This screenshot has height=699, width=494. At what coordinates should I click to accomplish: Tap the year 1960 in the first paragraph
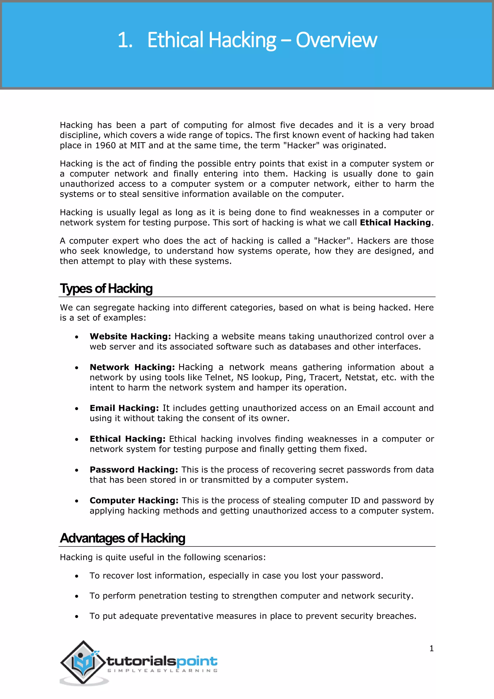(x=105, y=146)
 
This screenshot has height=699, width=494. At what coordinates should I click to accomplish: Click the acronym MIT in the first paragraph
(x=137, y=146)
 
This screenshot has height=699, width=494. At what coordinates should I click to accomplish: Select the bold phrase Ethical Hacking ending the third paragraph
(x=395, y=223)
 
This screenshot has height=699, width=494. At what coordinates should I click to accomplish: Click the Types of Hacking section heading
(x=106, y=289)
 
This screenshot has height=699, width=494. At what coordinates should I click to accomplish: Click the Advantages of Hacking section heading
(x=122, y=538)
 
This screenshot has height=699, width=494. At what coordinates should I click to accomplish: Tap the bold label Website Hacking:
(x=130, y=336)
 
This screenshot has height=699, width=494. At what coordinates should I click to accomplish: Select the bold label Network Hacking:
(x=132, y=367)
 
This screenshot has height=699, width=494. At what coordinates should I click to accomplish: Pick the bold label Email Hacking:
(x=124, y=408)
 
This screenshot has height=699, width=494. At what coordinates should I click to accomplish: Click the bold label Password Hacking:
(x=134, y=469)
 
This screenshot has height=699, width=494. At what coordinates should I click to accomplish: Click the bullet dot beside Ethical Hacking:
(x=77, y=439)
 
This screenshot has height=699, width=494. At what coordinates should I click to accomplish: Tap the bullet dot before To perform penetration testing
(x=77, y=596)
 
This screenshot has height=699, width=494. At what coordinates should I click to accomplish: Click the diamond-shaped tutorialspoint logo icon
(x=83, y=662)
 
